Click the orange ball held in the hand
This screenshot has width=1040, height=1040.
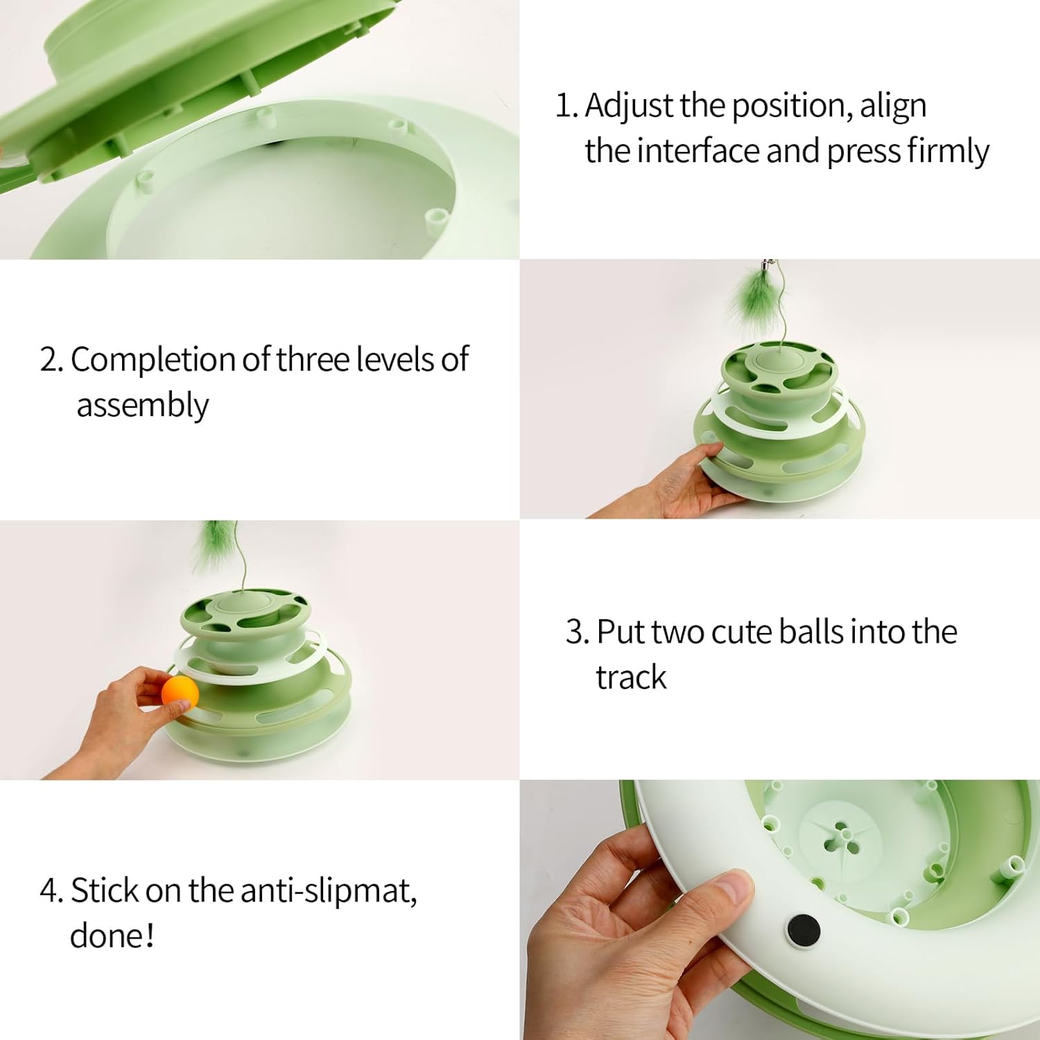(180, 693)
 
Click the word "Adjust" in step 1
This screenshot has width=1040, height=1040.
(629, 106)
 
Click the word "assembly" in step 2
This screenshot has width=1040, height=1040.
(142, 406)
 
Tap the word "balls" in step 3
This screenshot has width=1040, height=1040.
(810, 632)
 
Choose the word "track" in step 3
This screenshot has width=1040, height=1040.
(631, 677)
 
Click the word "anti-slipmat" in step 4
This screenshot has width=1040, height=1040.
(329, 891)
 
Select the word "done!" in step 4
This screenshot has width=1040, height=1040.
(112, 936)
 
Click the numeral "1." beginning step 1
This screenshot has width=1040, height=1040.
(566, 106)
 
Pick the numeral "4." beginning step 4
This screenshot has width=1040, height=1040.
(51, 891)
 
